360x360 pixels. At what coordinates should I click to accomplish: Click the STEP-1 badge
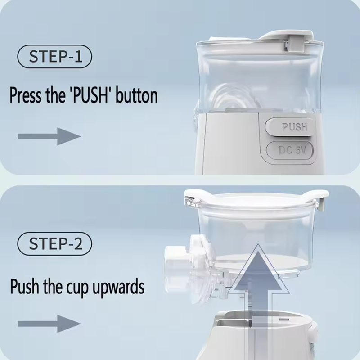tap(54, 57)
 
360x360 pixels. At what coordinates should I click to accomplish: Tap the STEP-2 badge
tap(54, 244)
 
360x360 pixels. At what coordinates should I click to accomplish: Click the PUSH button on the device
tap(289, 126)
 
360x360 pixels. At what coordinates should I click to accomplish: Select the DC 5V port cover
tap(290, 150)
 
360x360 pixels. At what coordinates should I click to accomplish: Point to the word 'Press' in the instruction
tap(26, 95)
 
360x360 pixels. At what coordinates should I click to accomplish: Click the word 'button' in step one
tap(137, 95)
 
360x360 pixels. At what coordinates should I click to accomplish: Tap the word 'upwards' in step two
tap(118, 287)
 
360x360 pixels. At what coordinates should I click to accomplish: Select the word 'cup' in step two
tap(77, 288)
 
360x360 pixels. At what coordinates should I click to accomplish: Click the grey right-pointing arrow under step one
tap(49, 136)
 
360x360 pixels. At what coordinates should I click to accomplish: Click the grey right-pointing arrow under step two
tap(49, 324)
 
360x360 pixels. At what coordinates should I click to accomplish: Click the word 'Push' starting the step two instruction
tap(24, 287)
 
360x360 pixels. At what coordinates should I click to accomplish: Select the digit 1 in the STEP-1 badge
tap(78, 57)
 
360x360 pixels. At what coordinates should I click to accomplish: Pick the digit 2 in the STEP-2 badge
tap(78, 244)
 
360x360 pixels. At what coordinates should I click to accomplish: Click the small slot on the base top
tap(284, 319)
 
